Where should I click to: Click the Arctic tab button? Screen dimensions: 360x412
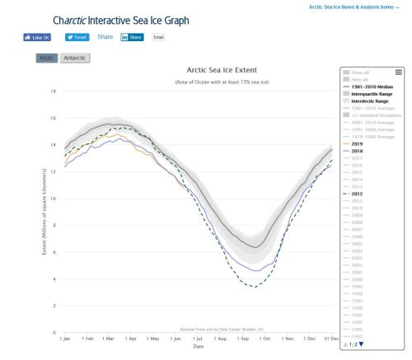point(46,58)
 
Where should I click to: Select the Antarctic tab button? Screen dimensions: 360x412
point(76,58)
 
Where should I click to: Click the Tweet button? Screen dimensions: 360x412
point(77,37)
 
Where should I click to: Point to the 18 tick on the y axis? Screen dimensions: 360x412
point(54,91)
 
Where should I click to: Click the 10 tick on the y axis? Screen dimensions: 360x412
point(54,199)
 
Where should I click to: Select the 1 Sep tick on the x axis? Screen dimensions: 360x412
point(240,337)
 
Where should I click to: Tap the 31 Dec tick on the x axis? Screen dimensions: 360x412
point(330,337)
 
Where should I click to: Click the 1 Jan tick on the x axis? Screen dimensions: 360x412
point(63,337)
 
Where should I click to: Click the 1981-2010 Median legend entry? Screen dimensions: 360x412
point(376,86)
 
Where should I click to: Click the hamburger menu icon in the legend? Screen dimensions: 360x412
point(398,72)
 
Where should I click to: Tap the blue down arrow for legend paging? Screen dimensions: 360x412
point(361,344)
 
